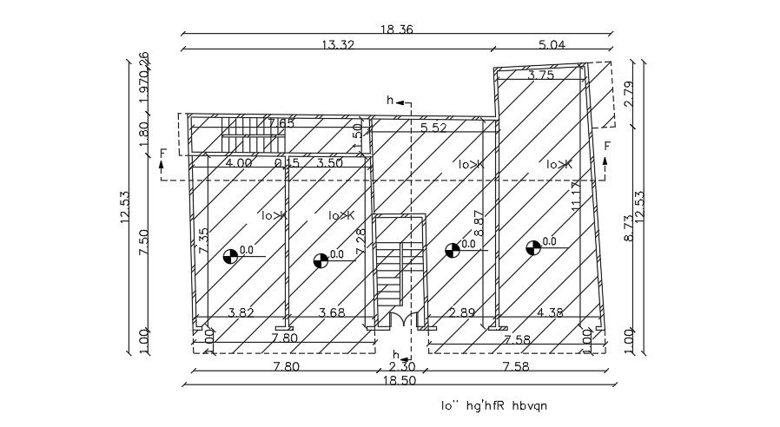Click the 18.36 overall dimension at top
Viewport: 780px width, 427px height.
[x=395, y=30]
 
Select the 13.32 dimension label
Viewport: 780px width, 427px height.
[x=337, y=45]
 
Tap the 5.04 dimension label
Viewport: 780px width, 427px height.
[x=552, y=45]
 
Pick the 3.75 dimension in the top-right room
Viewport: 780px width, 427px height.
[x=541, y=76]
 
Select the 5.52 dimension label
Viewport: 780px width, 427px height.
[x=433, y=128]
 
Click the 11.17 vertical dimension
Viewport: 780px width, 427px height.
[x=575, y=198]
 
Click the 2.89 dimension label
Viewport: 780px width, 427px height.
[x=461, y=312]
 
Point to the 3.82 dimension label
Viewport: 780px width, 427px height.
[x=240, y=312]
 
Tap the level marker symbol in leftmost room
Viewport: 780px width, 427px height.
[x=230, y=255]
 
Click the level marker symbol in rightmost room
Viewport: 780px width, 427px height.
[x=533, y=247]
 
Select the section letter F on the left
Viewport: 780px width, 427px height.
[x=162, y=154]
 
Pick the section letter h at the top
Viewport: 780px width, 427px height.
[x=390, y=102]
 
